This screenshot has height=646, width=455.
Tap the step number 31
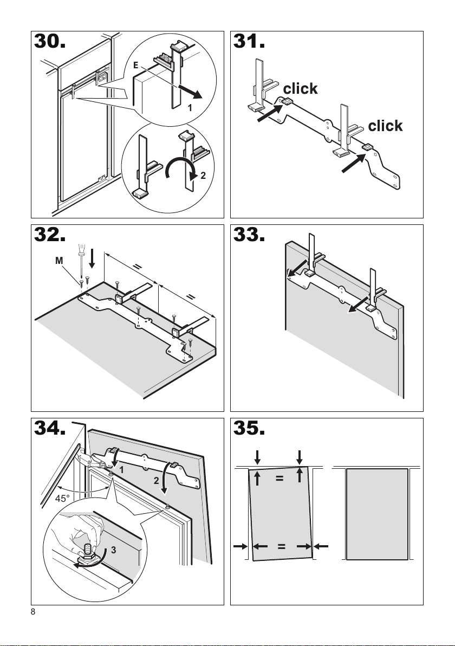coord(249,41)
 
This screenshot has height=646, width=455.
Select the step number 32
coord(50,235)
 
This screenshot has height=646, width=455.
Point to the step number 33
coord(249,235)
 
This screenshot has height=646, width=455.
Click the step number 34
coord(50,428)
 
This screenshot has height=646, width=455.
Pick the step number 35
coord(249,428)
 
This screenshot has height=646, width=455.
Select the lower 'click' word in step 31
coord(385,126)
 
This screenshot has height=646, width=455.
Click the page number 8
coord(33,612)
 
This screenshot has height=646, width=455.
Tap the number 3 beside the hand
coord(113,550)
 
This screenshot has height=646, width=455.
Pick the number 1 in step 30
coord(190,108)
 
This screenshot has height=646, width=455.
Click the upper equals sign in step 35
coord(279,479)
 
